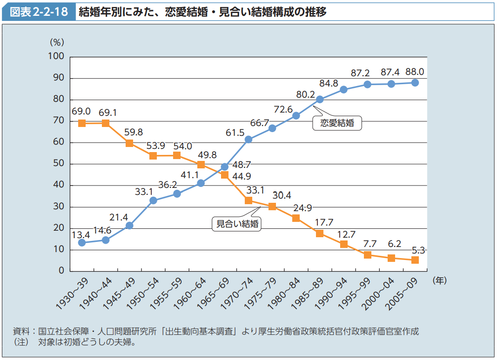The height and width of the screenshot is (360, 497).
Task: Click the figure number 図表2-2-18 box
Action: tap(39, 12)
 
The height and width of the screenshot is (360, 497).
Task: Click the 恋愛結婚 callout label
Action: tap(337, 123)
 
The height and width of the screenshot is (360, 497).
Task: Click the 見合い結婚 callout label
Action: tap(236, 223)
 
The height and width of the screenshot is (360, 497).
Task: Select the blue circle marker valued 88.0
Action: tap(415, 83)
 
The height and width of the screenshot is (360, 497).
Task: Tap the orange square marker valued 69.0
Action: tap(82, 123)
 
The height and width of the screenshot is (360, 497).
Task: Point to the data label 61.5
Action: tap(235, 133)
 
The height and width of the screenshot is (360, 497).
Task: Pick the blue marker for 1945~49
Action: tap(129, 226)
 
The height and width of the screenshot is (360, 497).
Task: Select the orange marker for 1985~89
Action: tap(320, 233)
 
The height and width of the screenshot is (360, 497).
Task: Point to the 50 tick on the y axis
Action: tap(59, 164)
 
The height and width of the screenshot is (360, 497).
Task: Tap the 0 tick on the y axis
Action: tap(61, 271)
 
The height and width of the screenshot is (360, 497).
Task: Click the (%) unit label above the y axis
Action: tap(57, 42)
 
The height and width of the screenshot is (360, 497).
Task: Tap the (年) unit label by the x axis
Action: tap(439, 280)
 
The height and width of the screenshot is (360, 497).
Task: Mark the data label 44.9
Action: tap(242, 176)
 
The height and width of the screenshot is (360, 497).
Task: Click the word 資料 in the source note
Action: tap(20, 332)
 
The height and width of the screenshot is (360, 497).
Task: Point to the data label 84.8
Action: tap(329, 83)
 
